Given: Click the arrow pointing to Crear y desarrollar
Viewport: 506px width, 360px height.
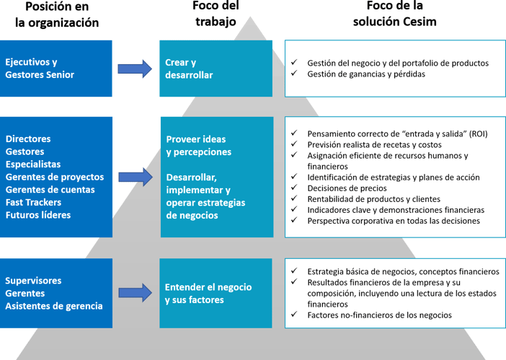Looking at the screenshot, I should tap(136, 69).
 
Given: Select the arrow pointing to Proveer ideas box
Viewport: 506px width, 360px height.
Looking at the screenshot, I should tap(136, 176).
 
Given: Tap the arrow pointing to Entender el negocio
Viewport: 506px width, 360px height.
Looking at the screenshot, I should tap(136, 293).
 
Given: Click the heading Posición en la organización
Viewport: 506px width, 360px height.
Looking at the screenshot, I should tap(57, 14).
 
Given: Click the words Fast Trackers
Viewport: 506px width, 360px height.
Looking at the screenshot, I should tap(33, 203).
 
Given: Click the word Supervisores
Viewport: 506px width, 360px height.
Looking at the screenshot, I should tap(33, 281).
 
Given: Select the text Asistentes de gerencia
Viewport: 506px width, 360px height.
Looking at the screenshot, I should tap(54, 306).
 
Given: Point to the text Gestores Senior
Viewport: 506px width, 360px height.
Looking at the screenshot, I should tap(40, 75).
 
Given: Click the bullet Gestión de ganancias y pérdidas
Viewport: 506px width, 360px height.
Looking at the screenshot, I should tap(365, 74).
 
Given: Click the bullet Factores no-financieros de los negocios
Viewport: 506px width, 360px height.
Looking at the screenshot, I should tap(379, 315).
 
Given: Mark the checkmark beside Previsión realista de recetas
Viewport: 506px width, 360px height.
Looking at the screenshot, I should tap(293, 144).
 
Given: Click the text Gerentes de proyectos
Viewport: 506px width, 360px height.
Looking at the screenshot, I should tap(55, 177).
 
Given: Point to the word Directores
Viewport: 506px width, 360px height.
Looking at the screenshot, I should tap(27, 139).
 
